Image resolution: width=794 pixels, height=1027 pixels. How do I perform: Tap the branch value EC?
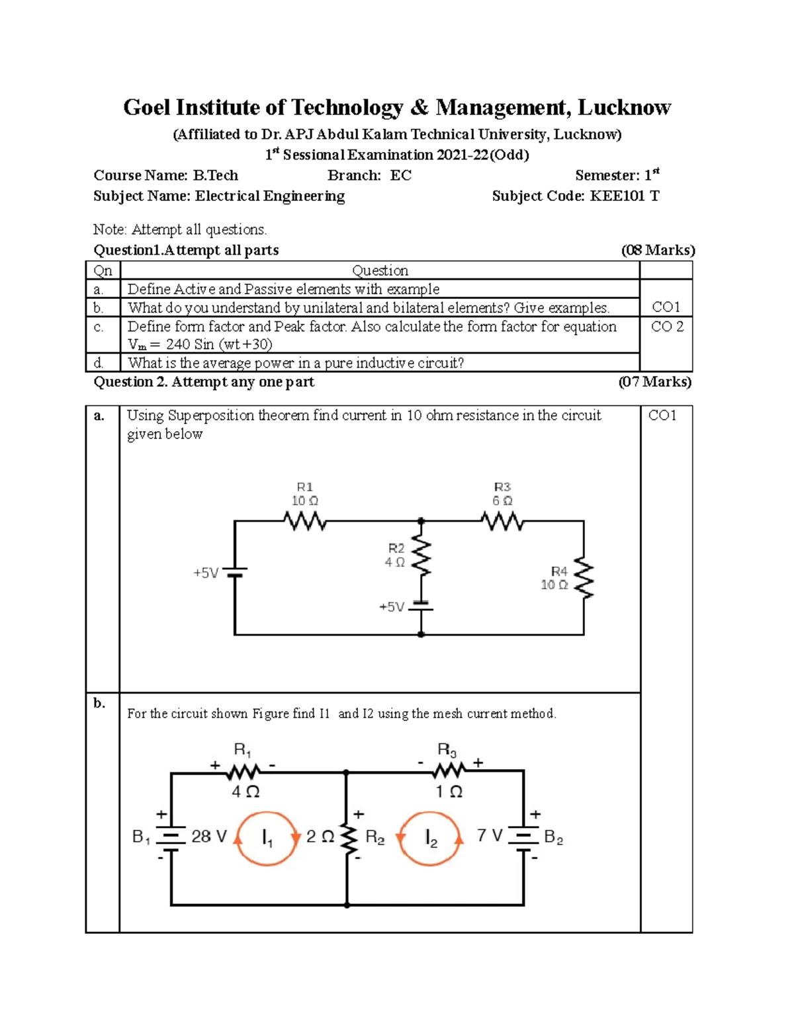(400, 175)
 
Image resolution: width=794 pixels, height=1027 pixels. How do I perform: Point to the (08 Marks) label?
(658, 250)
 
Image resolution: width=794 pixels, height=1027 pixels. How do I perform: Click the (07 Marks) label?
(654, 382)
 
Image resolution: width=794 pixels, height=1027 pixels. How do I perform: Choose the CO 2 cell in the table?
(667, 327)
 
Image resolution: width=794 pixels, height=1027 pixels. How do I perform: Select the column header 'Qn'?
(103, 270)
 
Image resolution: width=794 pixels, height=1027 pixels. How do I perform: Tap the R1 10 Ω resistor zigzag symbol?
(305, 521)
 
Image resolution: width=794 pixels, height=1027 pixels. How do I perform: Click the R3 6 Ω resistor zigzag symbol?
(503, 521)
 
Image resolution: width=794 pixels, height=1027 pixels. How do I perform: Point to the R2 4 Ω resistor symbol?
(421, 556)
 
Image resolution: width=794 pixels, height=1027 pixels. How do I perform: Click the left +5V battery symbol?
(235, 572)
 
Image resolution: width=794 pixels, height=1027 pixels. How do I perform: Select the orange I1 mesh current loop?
(267, 838)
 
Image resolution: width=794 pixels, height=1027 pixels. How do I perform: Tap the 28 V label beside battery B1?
(208, 837)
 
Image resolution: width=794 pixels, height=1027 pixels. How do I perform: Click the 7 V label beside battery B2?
(490, 836)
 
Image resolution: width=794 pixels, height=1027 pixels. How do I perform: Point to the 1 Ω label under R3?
(449, 792)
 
